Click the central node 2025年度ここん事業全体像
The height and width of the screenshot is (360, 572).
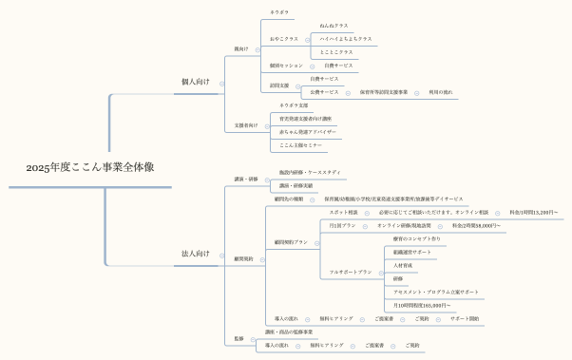click(x=90, y=167)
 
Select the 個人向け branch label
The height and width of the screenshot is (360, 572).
click(x=196, y=82)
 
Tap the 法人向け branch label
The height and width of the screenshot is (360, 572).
click(x=196, y=254)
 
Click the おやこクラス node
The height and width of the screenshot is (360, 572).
click(x=284, y=39)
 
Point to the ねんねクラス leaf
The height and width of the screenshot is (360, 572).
click(x=333, y=26)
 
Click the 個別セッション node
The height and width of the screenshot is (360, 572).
click(x=286, y=66)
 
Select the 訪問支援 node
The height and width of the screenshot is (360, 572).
click(x=279, y=85)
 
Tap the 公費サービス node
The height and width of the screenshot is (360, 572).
click(x=324, y=92)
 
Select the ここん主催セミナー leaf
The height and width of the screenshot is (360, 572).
click(x=298, y=145)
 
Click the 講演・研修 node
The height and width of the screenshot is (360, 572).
click(x=246, y=179)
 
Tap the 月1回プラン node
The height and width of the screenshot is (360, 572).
click(x=342, y=225)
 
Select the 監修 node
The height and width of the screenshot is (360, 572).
click(x=238, y=338)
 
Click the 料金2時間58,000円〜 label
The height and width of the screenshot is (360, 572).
click(x=477, y=225)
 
